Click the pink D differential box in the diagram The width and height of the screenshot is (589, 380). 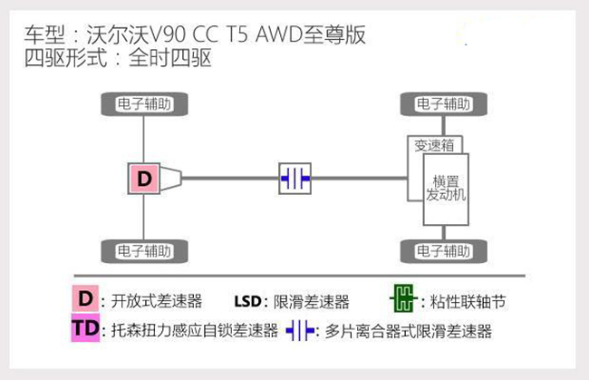click(x=144, y=179)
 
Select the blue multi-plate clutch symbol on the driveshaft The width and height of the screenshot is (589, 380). click(x=294, y=179)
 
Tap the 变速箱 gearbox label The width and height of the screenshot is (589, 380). click(x=434, y=145)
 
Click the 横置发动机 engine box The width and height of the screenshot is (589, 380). click(x=446, y=190)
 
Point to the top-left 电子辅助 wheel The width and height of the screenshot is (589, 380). click(x=145, y=104)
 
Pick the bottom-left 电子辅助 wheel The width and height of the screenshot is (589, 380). click(x=145, y=251)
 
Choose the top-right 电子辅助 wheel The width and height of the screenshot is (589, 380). click(x=444, y=104)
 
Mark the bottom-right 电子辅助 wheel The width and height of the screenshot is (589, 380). click(x=444, y=251)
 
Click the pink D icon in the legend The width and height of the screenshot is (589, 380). click(x=86, y=298)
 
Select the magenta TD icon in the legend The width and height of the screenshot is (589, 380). click(x=86, y=328)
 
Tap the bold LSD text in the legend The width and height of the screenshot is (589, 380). click(x=247, y=301)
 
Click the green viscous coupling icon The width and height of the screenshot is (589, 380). click(x=403, y=298)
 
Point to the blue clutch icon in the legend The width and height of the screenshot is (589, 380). click(x=300, y=331)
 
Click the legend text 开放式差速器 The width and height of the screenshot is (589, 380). click(x=157, y=301)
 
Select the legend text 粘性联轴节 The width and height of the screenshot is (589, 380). click(x=468, y=301)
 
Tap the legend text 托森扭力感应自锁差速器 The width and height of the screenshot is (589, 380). click(x=195, y=330)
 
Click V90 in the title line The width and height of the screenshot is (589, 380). click(x=168, y=34)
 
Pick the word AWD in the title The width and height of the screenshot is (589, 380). click(x=279, y=34)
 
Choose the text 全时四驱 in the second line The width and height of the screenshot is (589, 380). click(x=170, y=58)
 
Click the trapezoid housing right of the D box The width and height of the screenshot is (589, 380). click(x=171, y=179)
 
